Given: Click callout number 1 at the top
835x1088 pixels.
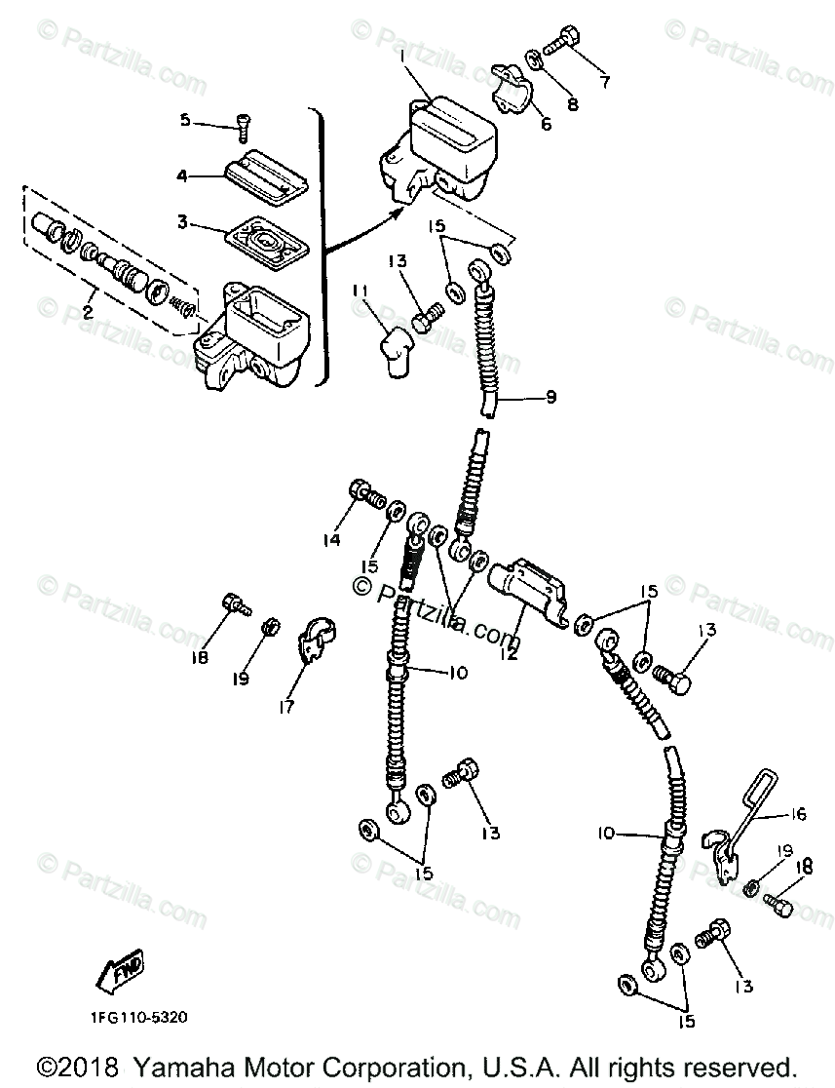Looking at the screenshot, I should tap(400, 56).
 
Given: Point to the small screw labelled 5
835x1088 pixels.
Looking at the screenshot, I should tap(241, 122).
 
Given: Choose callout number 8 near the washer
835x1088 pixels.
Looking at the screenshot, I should tap(604, 82).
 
